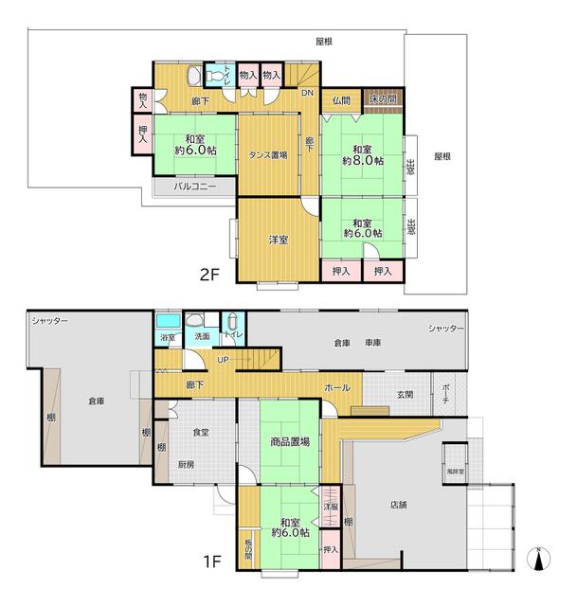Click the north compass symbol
click(x=539, y=559)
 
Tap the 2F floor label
click(x=209, y=275)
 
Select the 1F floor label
click(x=212, y=561)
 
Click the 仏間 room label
click(x=341, y=100)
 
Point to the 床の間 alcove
click(x=383, y=99)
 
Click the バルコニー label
click(x=195, y=187)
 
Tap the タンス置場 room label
click(x=268, y=155)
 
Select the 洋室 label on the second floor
click(x=279, y=240)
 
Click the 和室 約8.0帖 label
click(x=363, y=155)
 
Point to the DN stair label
click(x=308, y=93)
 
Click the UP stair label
click(x=223, y=360)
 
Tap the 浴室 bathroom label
click(x=168, y=337)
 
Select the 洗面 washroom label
click(x=202, y=336)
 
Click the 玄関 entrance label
click(x=405, y=395)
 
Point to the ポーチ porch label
click(x=445, y=394)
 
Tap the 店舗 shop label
click(x=398, y=505)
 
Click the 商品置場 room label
click(x=290, y=441)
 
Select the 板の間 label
click(x=248, y=549)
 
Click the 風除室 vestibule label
click(x=456, y=472)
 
